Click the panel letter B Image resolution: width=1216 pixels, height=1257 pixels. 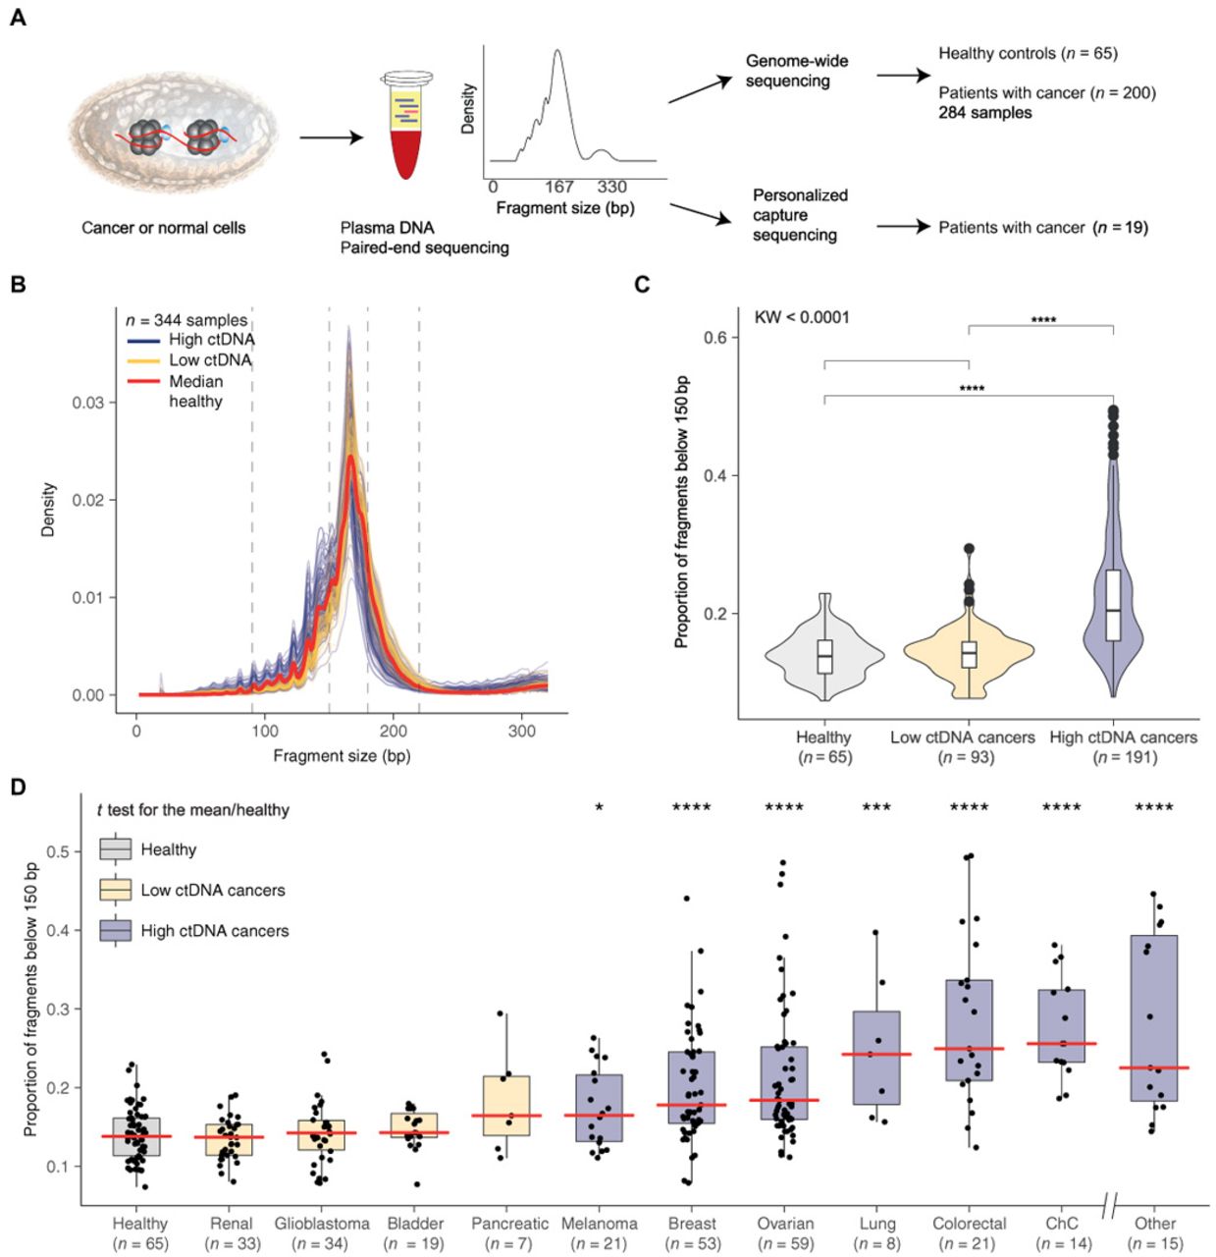click(17, 285)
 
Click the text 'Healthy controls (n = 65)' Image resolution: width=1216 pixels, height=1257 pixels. click(1028, 53)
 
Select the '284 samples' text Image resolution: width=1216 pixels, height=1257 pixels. click(984, 113)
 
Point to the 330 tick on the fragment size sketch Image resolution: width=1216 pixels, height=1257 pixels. click(611, 187)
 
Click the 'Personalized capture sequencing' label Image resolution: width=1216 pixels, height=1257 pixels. click(799, 215)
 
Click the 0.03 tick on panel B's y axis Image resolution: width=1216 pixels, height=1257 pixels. click(87, 403)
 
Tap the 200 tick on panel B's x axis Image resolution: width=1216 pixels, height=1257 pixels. click(394, 732)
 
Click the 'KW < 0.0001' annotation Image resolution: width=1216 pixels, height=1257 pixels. click(802, 317)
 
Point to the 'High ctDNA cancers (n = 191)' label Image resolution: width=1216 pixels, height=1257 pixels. click(1123, 747)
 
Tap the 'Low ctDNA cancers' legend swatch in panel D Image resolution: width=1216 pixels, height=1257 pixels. click(116, 890)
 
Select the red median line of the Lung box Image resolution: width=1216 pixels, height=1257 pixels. click(876, 1055)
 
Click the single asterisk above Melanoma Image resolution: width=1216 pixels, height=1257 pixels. click(600, 808)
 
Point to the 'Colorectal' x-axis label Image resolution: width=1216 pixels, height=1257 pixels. click(969, 1224)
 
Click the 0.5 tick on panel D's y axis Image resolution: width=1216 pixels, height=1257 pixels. click(59, 851)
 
